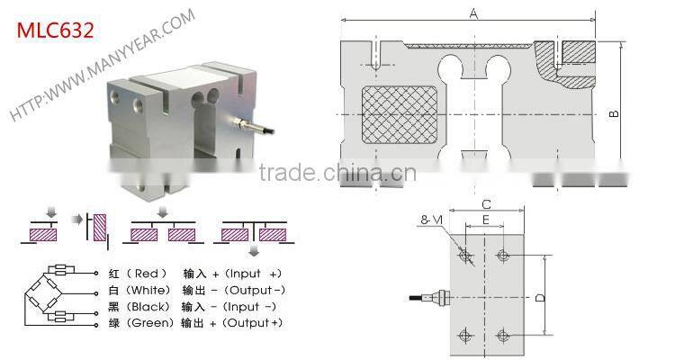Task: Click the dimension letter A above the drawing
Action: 472,13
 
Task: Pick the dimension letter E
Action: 485,220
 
